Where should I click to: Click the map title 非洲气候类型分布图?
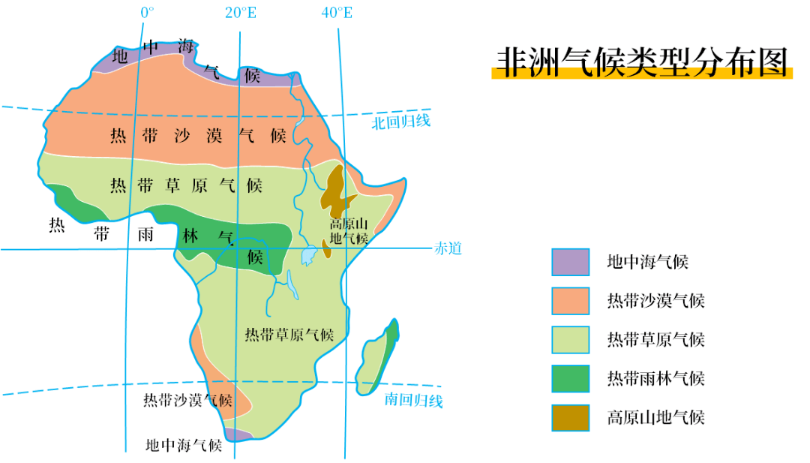click(x=642, y=62)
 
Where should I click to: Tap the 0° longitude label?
click(x=147, y=13)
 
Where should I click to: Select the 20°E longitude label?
click(x=240, y=13)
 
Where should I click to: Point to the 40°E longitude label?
click(x=337, y=13)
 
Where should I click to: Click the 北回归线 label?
click(x=401, y=122)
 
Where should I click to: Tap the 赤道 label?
click(x=448, y=248)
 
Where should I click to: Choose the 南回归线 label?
click(x=413, y=400)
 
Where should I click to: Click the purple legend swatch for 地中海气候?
click(x=571, y=262)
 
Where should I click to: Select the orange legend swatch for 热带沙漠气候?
click(x=571, y=301)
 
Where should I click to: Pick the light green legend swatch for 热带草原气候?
click(x=571, y=340)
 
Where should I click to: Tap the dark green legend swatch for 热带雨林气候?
click(x=571, y=379)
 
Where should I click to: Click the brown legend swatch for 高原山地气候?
click(x=571, y=418)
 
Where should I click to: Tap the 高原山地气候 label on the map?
click(x=349, y=231)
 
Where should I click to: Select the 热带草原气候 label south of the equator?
click(x=289, y=335)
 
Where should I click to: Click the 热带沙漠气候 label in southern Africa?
click(x=187, y=400)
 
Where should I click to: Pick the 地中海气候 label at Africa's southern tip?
click(x=184, y=445)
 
